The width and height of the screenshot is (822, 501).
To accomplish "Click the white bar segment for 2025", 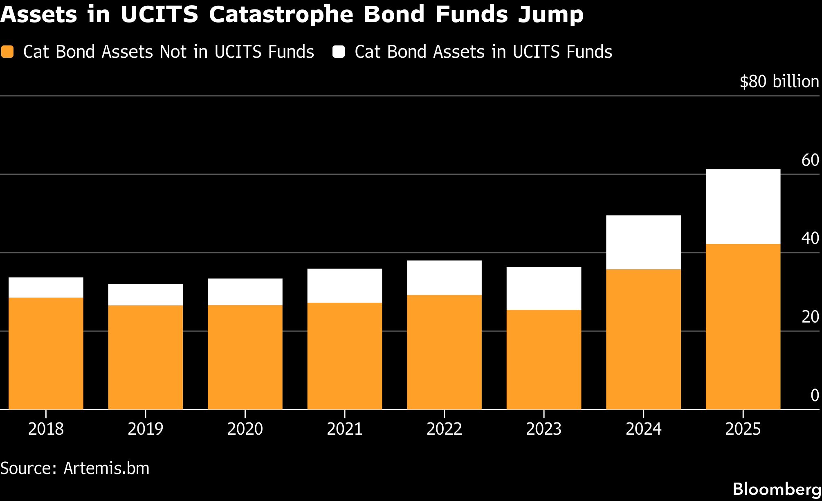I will [743, 206].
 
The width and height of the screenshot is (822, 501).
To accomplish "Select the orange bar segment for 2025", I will [743, 326].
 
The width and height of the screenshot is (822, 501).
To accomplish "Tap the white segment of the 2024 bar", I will [643, 242].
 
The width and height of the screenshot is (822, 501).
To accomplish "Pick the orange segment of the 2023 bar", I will [544, 359].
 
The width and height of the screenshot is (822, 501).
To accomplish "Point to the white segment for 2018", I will [46, 287].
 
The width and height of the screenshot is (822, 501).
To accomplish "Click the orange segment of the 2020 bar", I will [245, 357].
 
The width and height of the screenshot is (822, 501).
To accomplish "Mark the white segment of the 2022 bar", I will [444, 278].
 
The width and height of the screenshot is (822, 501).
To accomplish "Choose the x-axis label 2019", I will [145, 429].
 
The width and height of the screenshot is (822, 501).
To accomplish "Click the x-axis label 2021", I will [344, 429].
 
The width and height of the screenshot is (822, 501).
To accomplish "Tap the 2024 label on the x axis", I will [643, 429].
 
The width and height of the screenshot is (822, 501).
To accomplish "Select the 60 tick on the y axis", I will [810, 160].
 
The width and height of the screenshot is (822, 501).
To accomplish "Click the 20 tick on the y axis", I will [810, 317].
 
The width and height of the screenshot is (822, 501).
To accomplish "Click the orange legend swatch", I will [7, 52].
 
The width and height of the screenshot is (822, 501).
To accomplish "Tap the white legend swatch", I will [339, 52].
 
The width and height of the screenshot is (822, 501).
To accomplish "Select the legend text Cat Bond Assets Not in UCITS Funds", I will [168, 52].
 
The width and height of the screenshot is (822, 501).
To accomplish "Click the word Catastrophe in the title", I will [281, 15].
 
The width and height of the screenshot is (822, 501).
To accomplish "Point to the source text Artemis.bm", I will [106, 468].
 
